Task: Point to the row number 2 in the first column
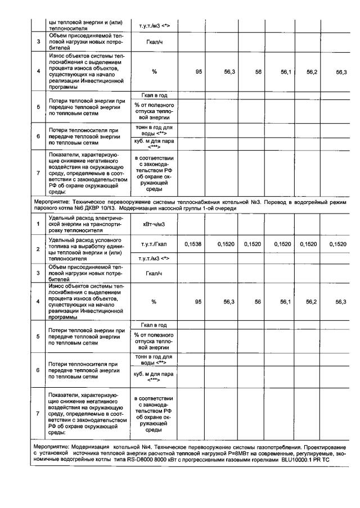pos(38,248)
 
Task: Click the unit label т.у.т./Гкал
pos(154,244)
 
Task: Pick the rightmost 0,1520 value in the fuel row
pos(338,244)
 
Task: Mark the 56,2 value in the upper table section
pos(312,71)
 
